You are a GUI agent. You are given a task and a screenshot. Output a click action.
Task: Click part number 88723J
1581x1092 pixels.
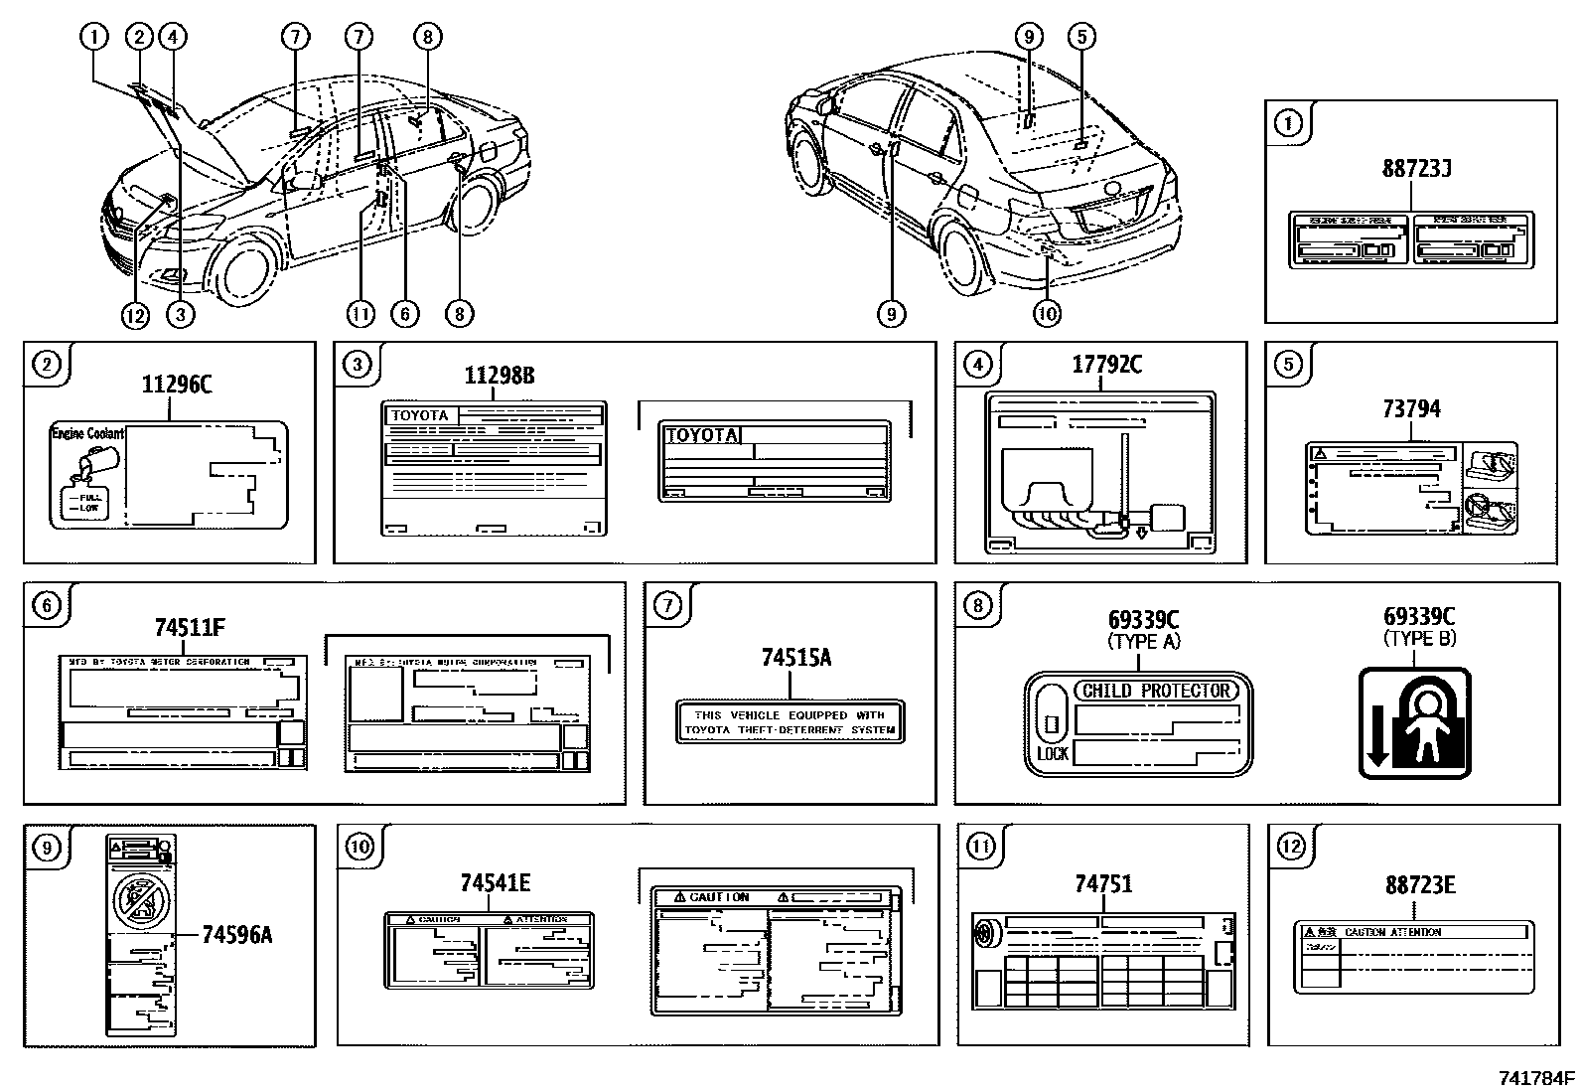1416,168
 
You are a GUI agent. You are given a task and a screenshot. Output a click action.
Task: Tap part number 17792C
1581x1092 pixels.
1106,365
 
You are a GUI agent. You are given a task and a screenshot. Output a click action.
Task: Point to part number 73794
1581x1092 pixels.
1411,408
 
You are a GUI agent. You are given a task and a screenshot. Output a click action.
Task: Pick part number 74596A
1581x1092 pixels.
236,934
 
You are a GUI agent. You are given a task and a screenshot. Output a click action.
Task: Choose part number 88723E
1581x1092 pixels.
1419,884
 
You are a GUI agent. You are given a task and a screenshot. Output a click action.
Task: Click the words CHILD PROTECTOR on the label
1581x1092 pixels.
1156,691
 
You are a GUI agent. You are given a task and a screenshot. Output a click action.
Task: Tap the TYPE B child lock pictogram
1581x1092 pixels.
1414,723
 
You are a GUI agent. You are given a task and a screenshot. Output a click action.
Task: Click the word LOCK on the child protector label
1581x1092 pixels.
1052,754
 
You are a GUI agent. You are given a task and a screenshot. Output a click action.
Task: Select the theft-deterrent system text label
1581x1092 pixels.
790,722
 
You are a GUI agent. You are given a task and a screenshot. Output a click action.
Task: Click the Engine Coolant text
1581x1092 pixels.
87,434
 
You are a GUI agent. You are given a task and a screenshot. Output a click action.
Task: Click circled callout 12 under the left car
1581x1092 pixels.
134,315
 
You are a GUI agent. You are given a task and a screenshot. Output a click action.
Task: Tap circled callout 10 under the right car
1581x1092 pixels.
1047,314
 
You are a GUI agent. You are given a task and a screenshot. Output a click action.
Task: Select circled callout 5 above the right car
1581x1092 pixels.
1081,38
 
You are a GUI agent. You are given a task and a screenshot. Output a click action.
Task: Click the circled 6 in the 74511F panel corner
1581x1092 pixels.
47,605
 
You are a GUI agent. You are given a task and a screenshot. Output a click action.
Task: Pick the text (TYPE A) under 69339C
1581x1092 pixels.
1143,642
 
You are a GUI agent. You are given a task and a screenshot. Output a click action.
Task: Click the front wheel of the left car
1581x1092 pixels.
243,270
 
